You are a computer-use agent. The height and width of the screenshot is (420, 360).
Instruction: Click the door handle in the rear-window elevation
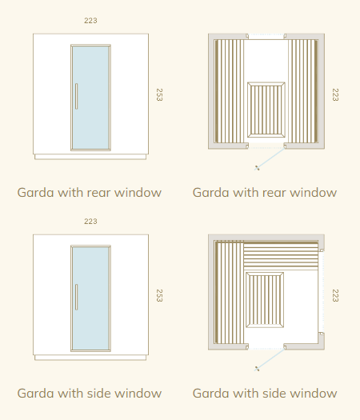click(x=76, y=96)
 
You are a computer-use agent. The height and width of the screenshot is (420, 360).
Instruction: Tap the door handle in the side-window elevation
click(x=76, y=297)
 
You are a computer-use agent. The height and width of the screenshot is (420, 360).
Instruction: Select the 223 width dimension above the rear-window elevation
click(x=90, y=21)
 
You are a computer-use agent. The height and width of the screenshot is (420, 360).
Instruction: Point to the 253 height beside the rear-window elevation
click(x=159, y=94)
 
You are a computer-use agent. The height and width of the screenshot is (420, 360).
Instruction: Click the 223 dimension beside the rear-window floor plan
click(x=335, y=94)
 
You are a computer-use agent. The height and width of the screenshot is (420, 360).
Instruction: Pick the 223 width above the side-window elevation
click(x=90, y=222)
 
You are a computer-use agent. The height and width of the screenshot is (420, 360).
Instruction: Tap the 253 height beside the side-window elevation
click(x=159, y=295)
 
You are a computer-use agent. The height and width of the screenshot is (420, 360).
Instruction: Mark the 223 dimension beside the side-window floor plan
click(x=335, y=295)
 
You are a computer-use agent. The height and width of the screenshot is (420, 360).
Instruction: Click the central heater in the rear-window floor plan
click(x=266, y=110)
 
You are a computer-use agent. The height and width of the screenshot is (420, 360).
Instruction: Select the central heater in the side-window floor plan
click(x=265, y=300)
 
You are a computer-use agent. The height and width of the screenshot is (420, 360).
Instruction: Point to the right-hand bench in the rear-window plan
click(x=303, y=91)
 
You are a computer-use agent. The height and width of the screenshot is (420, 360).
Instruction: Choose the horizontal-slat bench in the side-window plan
click(x=281, y=255)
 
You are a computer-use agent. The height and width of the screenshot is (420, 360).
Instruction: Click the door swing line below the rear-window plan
click(x=270, y=158)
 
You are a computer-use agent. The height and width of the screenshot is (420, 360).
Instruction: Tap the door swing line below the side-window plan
click(x=270, y=359)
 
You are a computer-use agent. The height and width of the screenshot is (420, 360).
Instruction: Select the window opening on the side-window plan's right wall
click(x=322, y=292)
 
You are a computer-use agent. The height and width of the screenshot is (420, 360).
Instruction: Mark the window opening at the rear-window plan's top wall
click(x=266, y=37)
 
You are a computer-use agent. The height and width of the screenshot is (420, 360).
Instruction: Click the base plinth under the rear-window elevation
click(x=90, y=157)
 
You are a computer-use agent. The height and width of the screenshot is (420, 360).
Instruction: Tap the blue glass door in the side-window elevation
click(x=91, y=298)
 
